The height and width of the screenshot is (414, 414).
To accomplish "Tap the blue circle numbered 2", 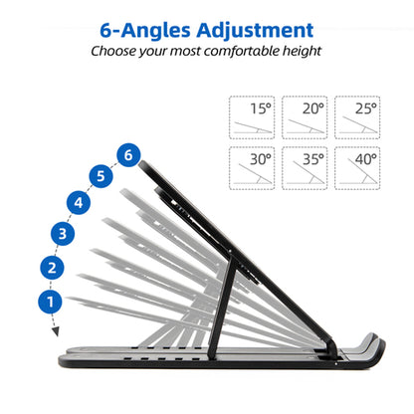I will (51, 267).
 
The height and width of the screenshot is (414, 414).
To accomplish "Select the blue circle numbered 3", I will (61, 234).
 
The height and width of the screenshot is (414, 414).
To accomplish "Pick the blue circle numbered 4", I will (80, 203).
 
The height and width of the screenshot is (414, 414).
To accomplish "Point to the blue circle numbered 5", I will (100, 177).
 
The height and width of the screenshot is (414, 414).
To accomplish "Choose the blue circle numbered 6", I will (125, 155).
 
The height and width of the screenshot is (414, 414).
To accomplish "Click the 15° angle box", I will (251, 117).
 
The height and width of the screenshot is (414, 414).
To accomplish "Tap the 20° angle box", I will (304, 117).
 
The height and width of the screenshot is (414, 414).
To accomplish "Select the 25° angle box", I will (356, 117).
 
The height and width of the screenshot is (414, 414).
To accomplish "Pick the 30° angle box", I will (251, 168).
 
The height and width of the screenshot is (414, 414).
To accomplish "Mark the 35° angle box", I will (304, 168).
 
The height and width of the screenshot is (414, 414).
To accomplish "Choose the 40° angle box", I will (356, 168).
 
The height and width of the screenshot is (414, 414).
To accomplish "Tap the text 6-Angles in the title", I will (139, 28).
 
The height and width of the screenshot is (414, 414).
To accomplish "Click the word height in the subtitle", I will (301, 51).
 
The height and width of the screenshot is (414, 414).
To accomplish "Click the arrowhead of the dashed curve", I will (55, 331).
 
